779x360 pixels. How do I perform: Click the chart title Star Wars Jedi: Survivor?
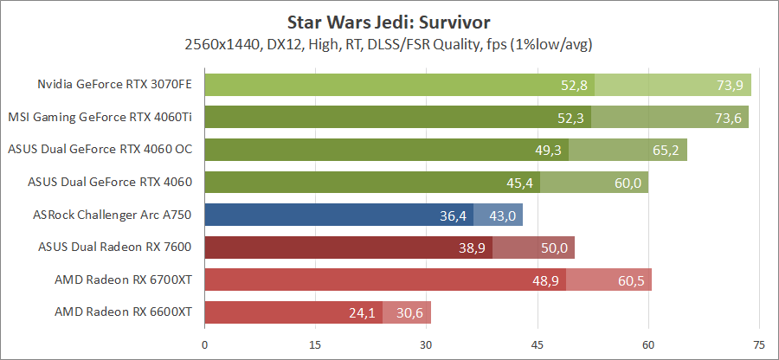pos(389,20)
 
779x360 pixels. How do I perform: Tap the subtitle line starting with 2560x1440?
pos(389,43)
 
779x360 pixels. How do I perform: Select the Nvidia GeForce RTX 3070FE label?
pos(114,85)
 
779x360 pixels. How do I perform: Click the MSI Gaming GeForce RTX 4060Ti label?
pos(100,117)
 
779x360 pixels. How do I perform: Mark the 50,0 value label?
pos(554,247)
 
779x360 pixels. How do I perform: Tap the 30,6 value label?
pos(410,312)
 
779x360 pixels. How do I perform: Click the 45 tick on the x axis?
pos(537,344)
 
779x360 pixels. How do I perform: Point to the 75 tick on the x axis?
pos(758,344)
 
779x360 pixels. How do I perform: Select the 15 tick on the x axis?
pos(315,344)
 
